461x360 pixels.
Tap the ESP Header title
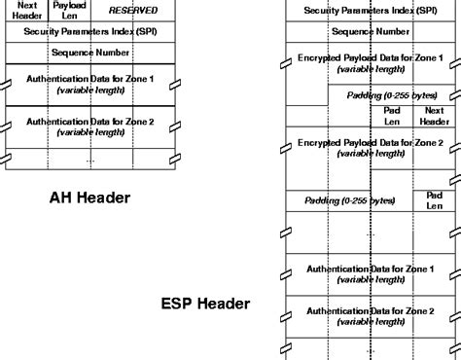pos(205,304)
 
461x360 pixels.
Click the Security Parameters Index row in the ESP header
pos(370,11)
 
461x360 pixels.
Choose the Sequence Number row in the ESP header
pos(370,31)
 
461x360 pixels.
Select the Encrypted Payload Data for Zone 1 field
pos(370,63)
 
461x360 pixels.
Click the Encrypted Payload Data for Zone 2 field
pos(370,148)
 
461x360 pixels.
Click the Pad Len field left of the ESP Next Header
pos(391,116)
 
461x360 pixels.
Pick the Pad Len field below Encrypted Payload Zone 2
pos(434,200)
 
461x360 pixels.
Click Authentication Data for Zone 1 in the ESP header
pos(370,274)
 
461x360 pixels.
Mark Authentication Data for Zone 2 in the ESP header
pos(370,316)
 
